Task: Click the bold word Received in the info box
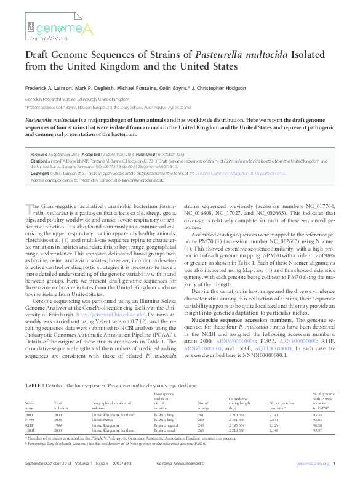[40, 155]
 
